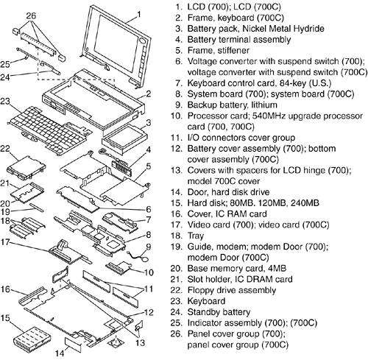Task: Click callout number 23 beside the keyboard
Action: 5,101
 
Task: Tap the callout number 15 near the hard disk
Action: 5,318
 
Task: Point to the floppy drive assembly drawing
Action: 26,167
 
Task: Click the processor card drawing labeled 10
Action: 118,267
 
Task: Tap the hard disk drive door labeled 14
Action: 73,344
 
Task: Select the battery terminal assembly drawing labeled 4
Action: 122,166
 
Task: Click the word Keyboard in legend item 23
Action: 206,301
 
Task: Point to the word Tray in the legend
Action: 196,236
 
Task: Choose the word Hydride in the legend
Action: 309,29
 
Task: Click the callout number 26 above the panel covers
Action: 31,15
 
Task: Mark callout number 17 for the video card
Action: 4,242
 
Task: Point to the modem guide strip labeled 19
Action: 37,207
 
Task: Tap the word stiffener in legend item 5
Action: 233,51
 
